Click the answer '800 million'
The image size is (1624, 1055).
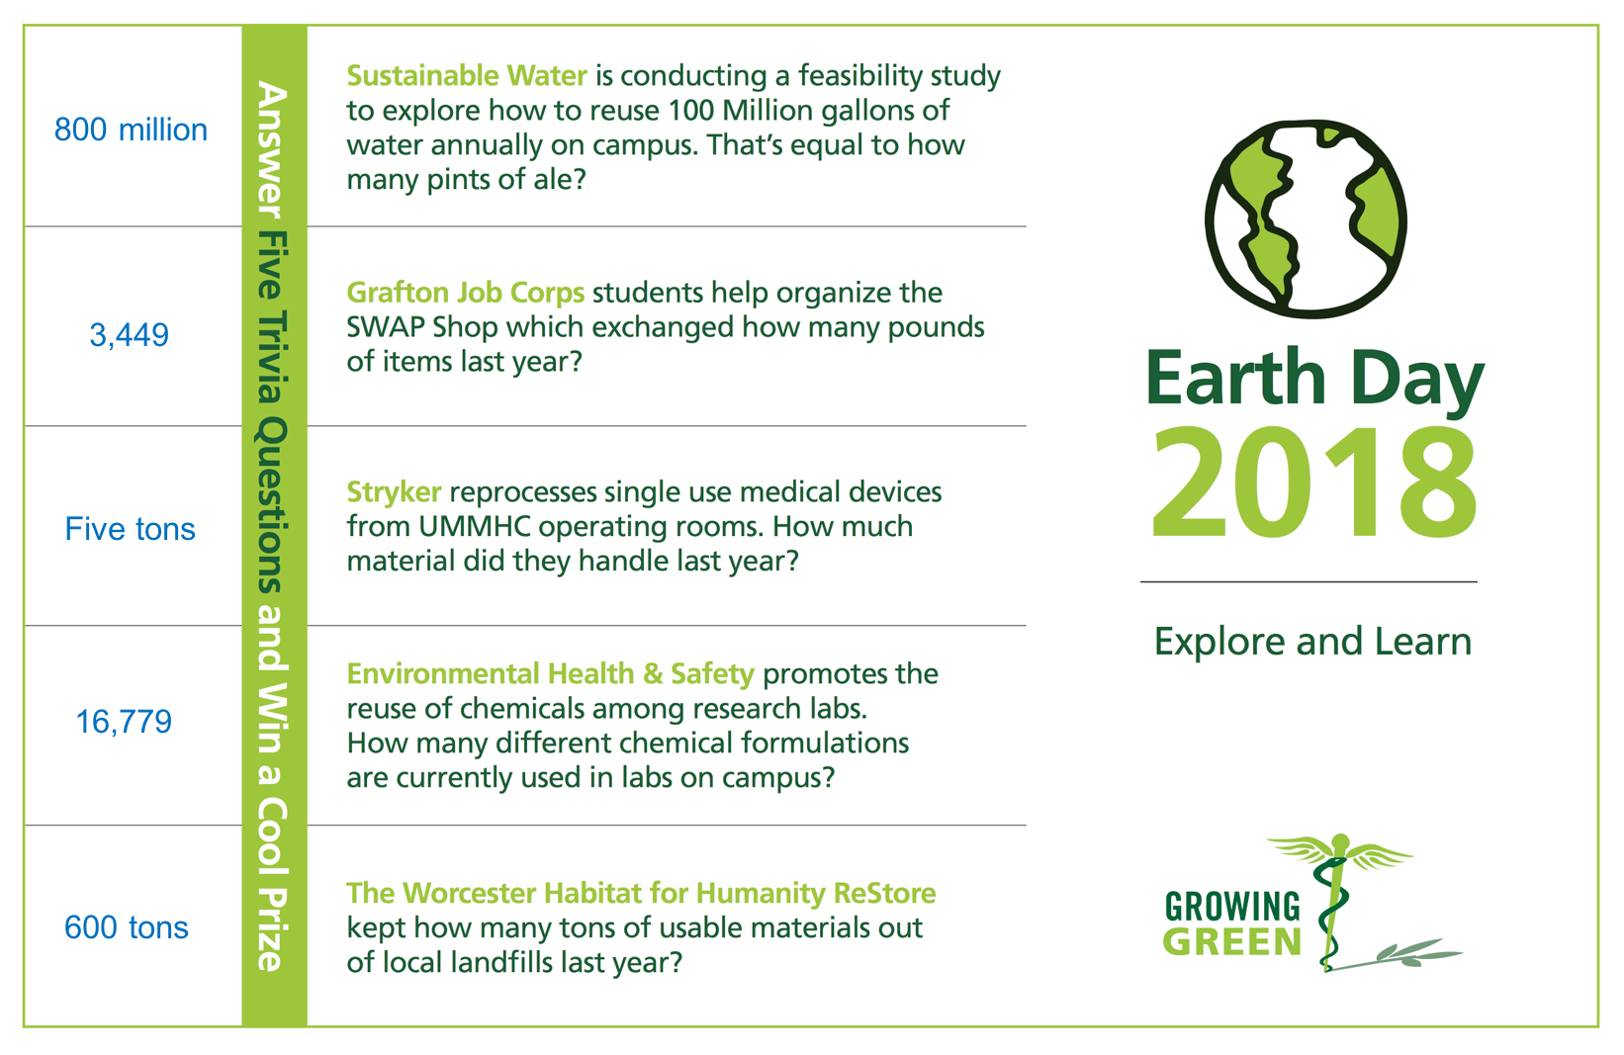tap(131, 130)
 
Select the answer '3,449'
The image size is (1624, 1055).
tap(129, 335)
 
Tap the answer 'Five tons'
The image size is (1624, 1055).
tap(130, 529)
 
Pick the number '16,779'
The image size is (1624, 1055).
tap(124, 722)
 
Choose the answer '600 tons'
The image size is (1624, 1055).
tap(127, 927)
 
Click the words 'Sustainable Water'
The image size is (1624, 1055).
tap(467, 75)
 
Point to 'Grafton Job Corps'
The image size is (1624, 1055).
tap(466, 293)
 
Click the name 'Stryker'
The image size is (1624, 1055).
tap(394, 492)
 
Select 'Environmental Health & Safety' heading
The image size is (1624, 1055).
tap(550, 674)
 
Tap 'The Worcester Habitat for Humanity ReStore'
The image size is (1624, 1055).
tap(641, 893)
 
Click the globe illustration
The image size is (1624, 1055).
tap(1306, 219)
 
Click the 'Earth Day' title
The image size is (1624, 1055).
tap(1314, 379)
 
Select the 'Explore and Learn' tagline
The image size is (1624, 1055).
tap(1313, 642)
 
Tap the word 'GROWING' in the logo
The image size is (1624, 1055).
tap(1232, 907)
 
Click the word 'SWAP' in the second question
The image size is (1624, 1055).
tap(385, 327)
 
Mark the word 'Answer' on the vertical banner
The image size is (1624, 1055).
tap(273, 150)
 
